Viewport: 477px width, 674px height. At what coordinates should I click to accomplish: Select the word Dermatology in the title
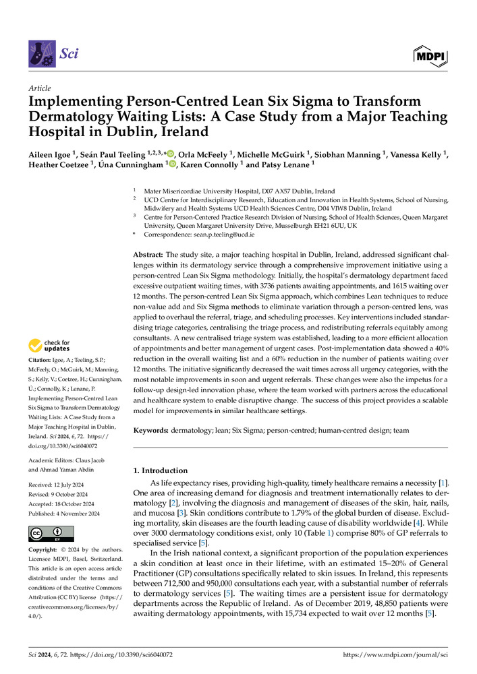click(67, 116)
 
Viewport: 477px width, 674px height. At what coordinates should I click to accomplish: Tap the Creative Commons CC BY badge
click(47, 534)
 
